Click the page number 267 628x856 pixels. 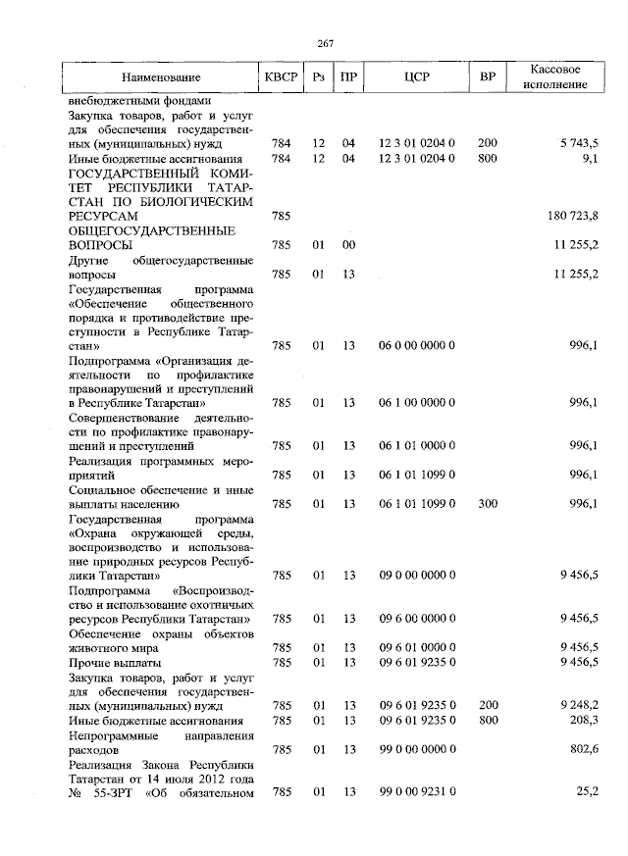tap(326, 42)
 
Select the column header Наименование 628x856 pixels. tap(161, 76)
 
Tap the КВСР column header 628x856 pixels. tap(281, 76)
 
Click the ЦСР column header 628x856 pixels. tap(417, 76)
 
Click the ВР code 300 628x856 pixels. tap(487, 503)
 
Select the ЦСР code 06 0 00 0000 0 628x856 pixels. tap(416, 345)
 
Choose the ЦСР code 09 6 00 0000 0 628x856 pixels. tap(416, 619)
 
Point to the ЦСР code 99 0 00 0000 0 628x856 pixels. tap(416, 749)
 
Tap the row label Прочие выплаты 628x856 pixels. tap(109, 663)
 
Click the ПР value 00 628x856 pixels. tap(347, 244)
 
